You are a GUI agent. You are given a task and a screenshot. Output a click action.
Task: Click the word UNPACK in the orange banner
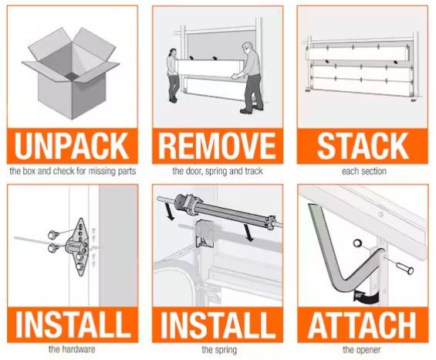coord(72,145)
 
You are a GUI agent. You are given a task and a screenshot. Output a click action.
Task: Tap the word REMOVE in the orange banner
coord(217,145)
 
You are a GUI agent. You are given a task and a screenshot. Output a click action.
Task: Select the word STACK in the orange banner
coord(363,145)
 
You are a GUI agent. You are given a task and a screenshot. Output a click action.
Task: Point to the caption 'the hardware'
coord(72,349)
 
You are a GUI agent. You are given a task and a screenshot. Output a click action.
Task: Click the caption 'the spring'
coord(219,349)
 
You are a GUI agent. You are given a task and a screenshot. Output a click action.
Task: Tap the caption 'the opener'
coord(361,349)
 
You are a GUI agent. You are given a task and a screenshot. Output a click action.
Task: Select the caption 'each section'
coord(364,171)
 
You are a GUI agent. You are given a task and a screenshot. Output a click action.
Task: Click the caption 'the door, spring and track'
coord(218,171)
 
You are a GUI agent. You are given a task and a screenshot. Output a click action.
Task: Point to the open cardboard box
coord(71,74)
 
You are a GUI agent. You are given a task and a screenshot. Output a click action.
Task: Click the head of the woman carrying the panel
coord(173,52)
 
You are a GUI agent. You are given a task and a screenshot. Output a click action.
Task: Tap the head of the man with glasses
coord(246,47)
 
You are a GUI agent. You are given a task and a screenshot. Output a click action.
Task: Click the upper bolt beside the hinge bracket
coord(52,234)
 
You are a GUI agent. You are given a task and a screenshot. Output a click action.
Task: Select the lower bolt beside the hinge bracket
coord(52,247)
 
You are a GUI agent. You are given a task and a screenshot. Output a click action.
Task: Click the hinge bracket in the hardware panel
coord(78,247)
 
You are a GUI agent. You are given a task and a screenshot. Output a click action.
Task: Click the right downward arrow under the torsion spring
coord(248,233)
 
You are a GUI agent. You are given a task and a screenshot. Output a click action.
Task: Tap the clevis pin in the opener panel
coord(405,268)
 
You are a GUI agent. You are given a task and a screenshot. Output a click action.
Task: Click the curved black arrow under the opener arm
coord(365,297)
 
